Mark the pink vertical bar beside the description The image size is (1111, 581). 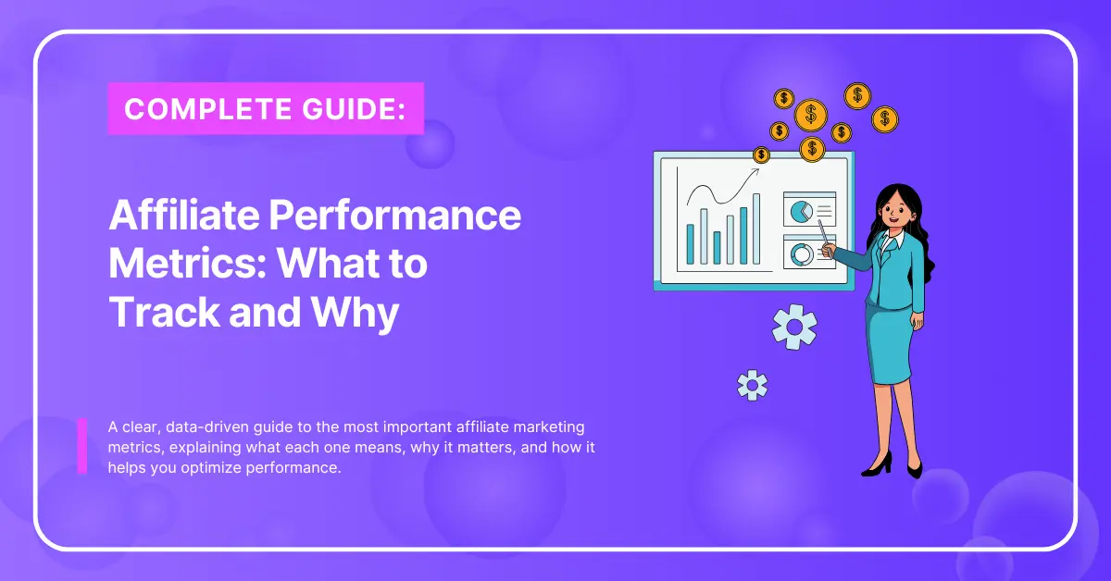(x=82, y=446)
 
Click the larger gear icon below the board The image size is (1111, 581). (x=793, y=328)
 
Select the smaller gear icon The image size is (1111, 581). (x=752, y=384)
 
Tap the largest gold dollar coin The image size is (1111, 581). (x=811, y=116)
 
